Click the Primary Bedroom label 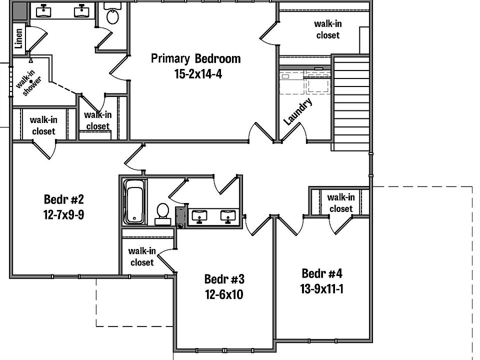(x=195, y=58)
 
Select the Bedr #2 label (x=63, y=200)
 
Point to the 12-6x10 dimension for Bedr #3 (x=223, y=294)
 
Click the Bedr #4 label (x=322, y=273)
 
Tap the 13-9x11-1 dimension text (x=322, y=289)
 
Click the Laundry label (x=298, y=111)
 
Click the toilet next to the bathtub (x=162, y=211)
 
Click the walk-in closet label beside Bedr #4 (x=340, y=203)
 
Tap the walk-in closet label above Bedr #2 (x=43, y=125)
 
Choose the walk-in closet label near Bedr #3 (x=142, y=256)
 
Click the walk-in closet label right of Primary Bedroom (x=327, y=29)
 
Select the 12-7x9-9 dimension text (x=63, y=216)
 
